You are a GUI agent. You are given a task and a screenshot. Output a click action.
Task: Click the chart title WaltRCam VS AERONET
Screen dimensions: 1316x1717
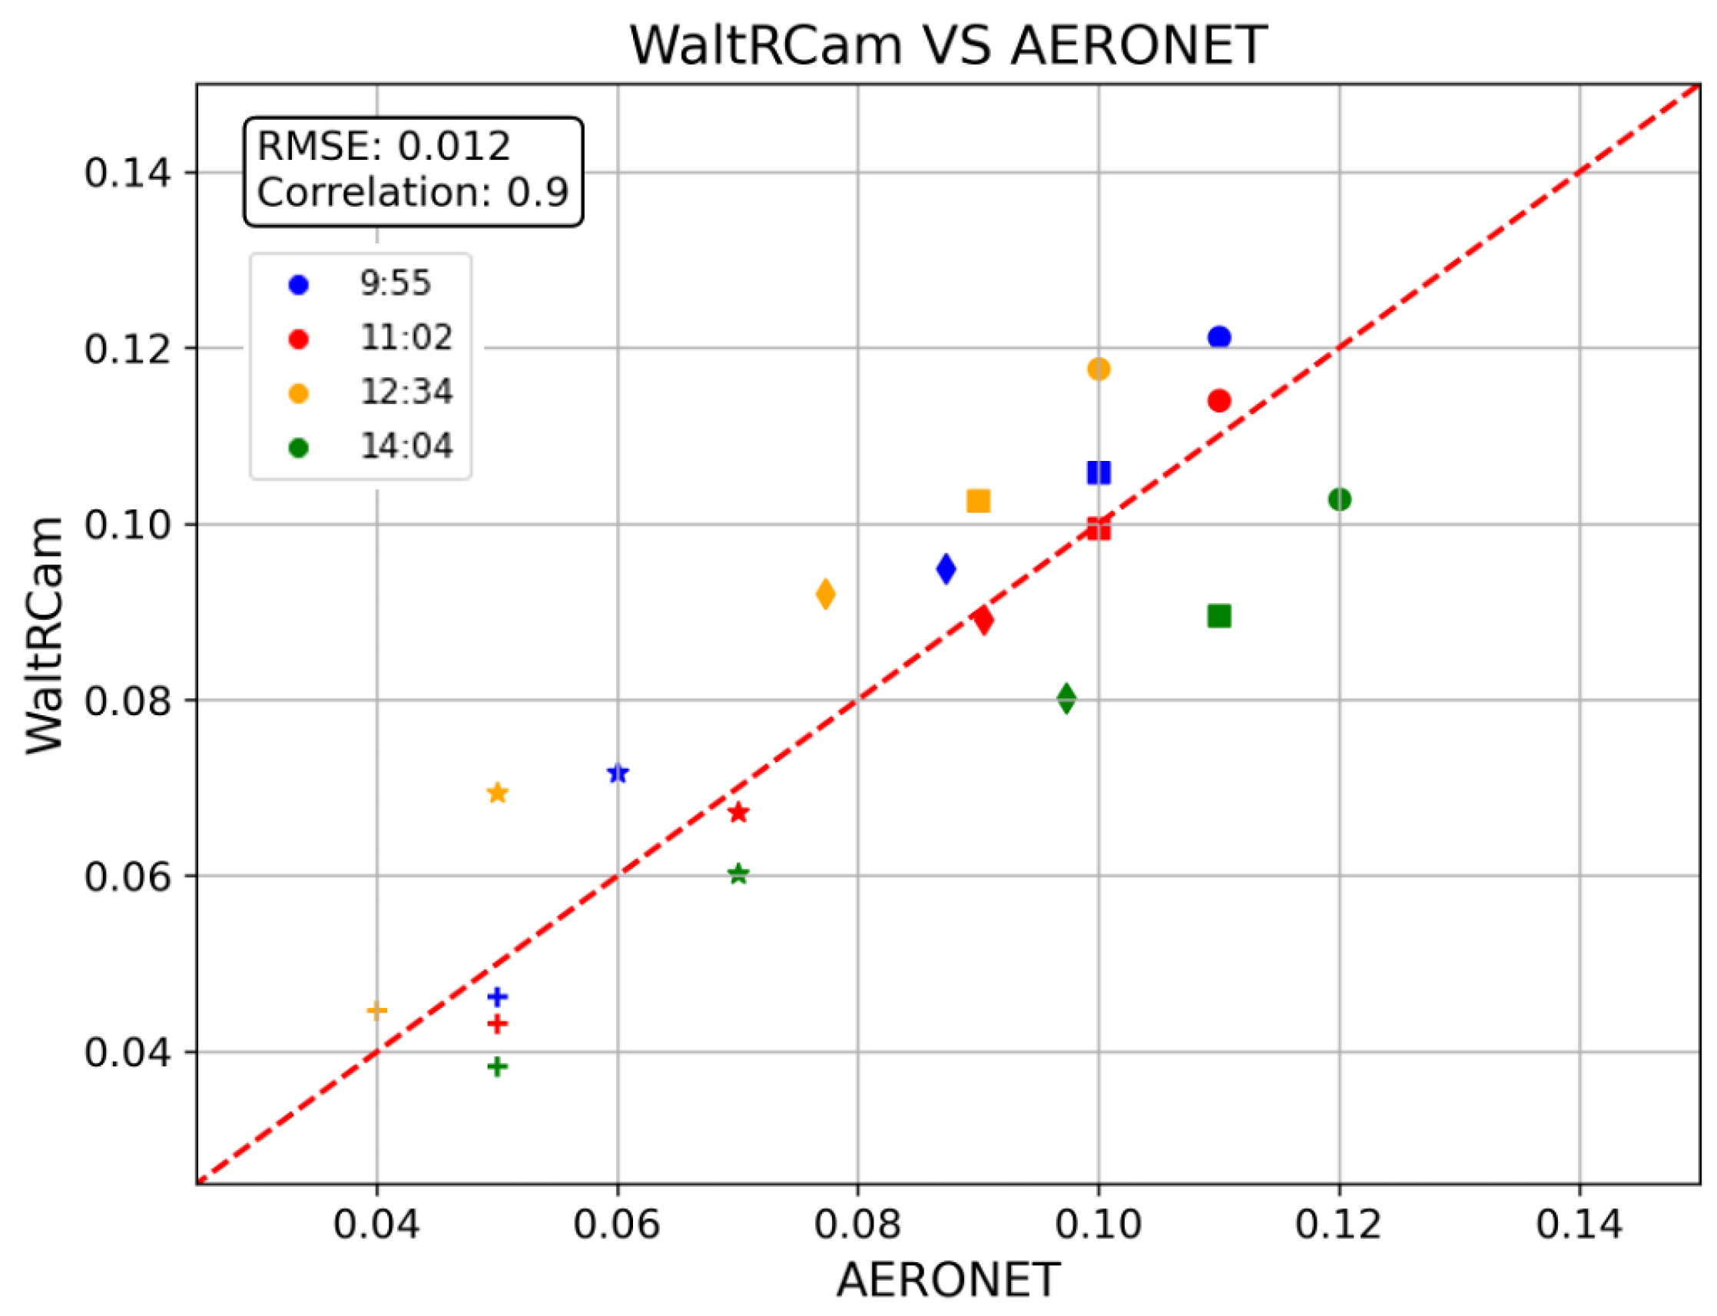click(x=948, y=45)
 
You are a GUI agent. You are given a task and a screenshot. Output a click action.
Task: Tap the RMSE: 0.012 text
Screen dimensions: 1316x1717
click(x=384, y=147)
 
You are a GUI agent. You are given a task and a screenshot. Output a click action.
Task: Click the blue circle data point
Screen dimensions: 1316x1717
click(x=1219, y=336)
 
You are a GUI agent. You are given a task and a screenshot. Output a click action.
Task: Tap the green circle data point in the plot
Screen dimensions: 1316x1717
click(x=1340, y=499)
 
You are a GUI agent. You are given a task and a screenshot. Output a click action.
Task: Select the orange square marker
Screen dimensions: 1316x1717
click(x=979, y=501)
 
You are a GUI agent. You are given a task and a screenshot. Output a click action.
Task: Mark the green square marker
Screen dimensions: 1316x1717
click(x=1219, y=616)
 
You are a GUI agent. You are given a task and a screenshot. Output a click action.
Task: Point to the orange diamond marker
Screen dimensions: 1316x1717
click(x=825, y=594)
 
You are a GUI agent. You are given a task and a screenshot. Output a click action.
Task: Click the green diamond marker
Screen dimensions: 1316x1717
click(x=1066, y=698)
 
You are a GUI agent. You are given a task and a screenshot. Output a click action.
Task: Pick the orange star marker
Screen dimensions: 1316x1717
click(x=497, y=793)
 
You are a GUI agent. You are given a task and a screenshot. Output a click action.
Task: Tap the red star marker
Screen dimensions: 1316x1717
click(x=738, y=812)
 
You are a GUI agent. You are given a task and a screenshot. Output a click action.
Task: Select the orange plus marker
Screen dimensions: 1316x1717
click(x=376, y=1009)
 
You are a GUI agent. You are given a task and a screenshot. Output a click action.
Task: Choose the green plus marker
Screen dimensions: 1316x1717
click(x=497, y=1066)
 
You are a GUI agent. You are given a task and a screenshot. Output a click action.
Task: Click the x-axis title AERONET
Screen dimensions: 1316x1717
click(x=948, y=1281)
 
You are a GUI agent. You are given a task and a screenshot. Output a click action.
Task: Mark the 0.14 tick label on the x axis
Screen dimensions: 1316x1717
click(x=1579, y=1224)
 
